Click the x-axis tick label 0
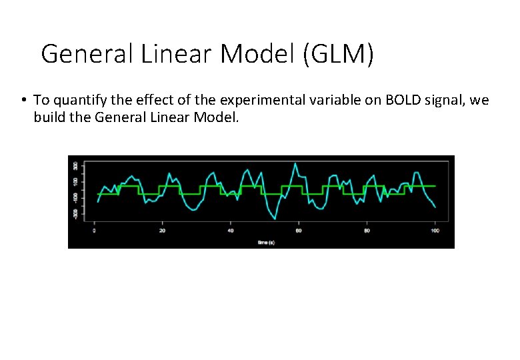[x=95, y=231]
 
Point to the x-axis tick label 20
[x=163, y=231]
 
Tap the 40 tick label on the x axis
[x=231, y=231]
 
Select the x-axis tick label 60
[x=299, y=231]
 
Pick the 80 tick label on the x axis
[x=367, y=231]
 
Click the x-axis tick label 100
[x=435, y=231]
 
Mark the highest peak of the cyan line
[x=294, y=164]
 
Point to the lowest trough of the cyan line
[x=275, y=218]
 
